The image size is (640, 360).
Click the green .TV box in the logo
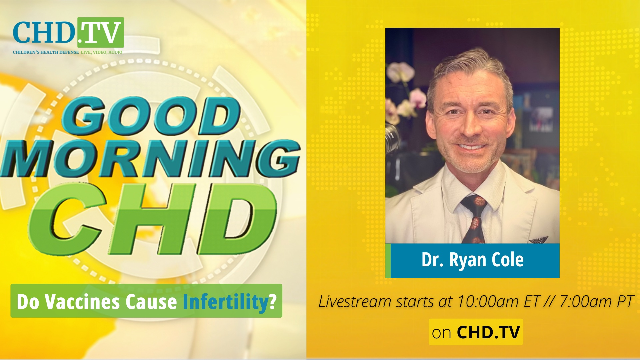tap(101, 32)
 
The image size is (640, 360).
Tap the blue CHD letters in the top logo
tap(44, 33)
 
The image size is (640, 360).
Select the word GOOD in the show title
tap(152, 116)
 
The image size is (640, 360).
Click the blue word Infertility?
tap(230, 302)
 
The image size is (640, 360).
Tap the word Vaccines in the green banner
tap(83, 302)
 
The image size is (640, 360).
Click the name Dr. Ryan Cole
tap(472, 260)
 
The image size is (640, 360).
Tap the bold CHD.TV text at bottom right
tap(488, 332)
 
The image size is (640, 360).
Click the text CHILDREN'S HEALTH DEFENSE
tap(46, 52)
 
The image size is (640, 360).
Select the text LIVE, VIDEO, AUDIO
tap(102, 52)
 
